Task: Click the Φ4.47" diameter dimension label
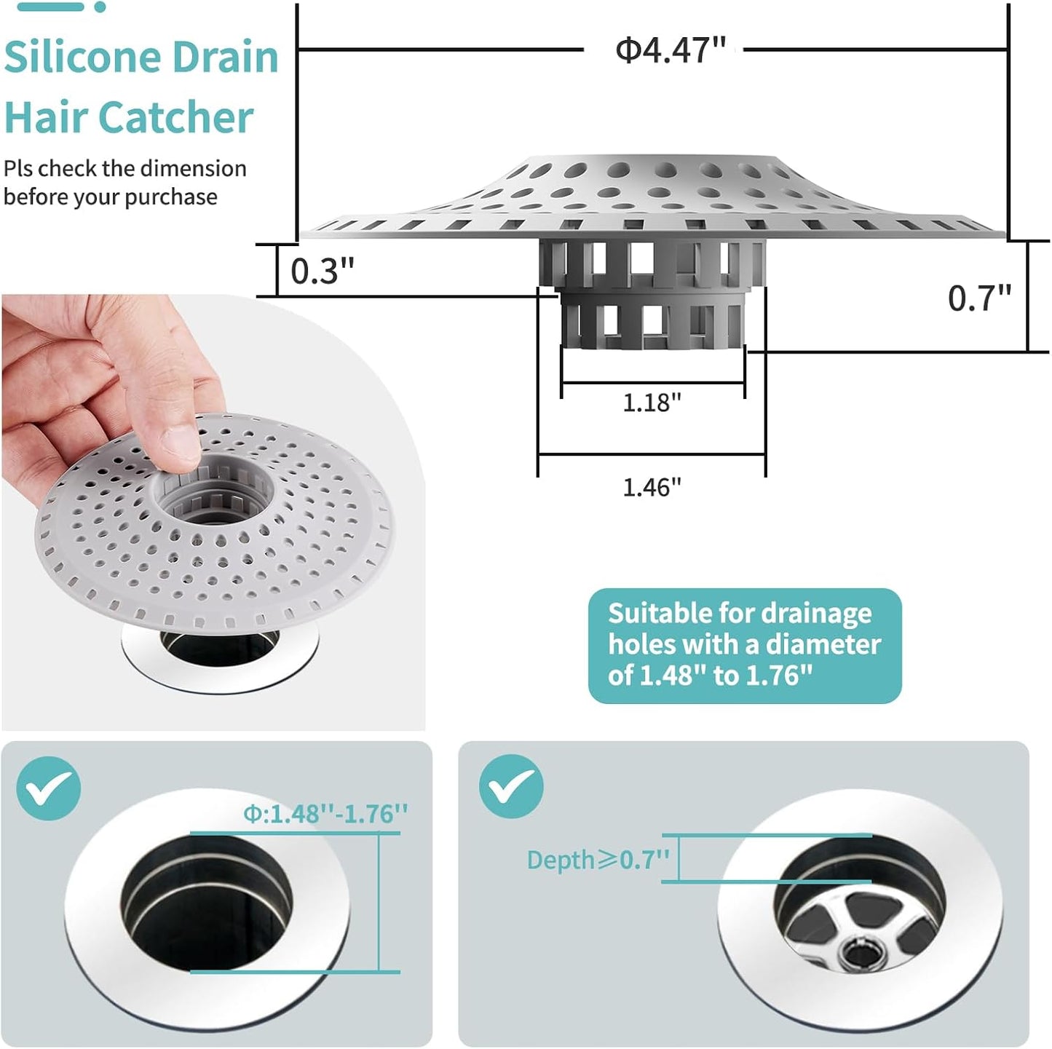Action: (x=670, y=51)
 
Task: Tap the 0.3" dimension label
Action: (x=322, y=272)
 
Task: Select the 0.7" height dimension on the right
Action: (x=979, y=298)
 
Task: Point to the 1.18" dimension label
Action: (x=652, y=403)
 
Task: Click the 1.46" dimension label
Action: (x=652, y=487)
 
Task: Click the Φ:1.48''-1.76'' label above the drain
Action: (x=325, y=813)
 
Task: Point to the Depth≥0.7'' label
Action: (x=598, y=860)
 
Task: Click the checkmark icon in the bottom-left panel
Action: (x=48, y=788)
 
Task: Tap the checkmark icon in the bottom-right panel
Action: (x=511, y=787)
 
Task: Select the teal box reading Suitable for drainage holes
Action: (x=744, y=645)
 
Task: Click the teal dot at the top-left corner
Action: (x=100, y=7)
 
